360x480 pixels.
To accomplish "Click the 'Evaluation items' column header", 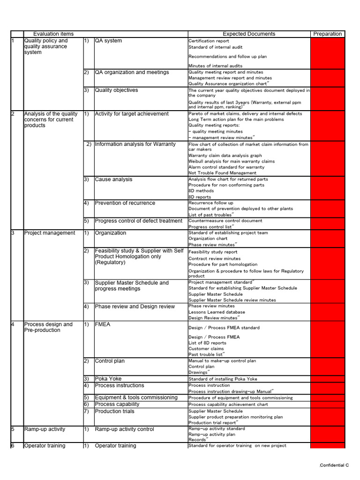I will click(x=53, y=34).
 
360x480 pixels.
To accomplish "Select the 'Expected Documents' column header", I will click(x=249, y=34).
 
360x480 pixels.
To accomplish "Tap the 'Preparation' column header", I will click(x=327, y=34).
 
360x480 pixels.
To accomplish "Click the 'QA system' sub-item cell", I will click(x=108, y=41).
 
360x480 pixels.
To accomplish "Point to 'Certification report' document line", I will click(x=209, y=41).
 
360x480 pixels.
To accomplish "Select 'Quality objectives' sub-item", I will click(x=116, y=90).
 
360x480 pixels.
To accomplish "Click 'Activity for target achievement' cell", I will click(x=132, y=113).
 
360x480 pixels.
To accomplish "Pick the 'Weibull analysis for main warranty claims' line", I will click(x=232, y=161).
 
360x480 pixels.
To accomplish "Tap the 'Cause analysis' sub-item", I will click(x=113, y=179).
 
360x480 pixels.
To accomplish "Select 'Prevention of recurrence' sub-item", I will click(x=125, y=203).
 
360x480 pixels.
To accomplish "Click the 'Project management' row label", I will click(x=49, y=233).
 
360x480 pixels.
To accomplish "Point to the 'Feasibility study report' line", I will click(x=213, y=252).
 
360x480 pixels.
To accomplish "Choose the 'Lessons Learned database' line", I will click(x=217, y=312).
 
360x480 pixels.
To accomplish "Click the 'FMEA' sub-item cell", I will click(x=103, y=324).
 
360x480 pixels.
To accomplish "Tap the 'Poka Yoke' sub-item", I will click(x=108, y=379).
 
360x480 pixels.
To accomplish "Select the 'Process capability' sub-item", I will click(x=117, y=404).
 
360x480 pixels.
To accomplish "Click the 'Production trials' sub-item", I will click(x=114, y=411).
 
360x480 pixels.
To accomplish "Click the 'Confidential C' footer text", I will click(x=334, y=465).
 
